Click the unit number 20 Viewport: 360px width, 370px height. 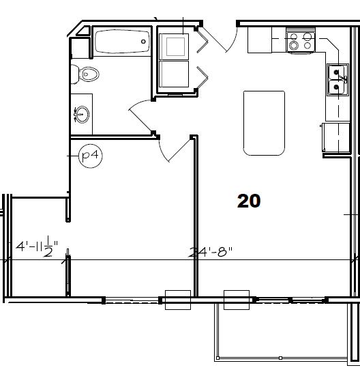[250, 200]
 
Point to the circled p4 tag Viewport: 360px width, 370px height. [89, 156]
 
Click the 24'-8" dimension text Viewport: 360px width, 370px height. [211, 252]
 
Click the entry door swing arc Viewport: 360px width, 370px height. [220, 41]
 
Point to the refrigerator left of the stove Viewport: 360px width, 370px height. [260, 40]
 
